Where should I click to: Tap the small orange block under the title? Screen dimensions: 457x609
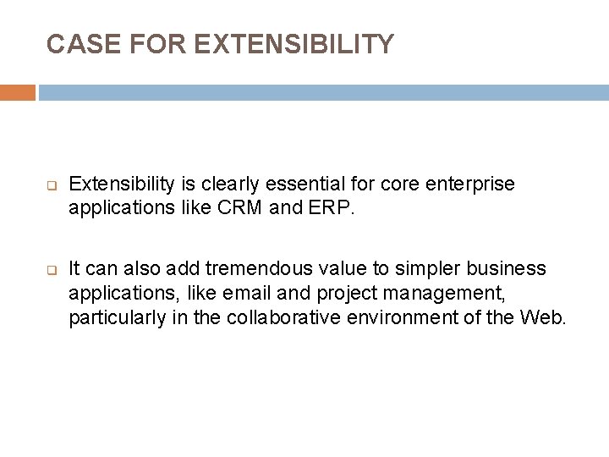pos(17,92)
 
